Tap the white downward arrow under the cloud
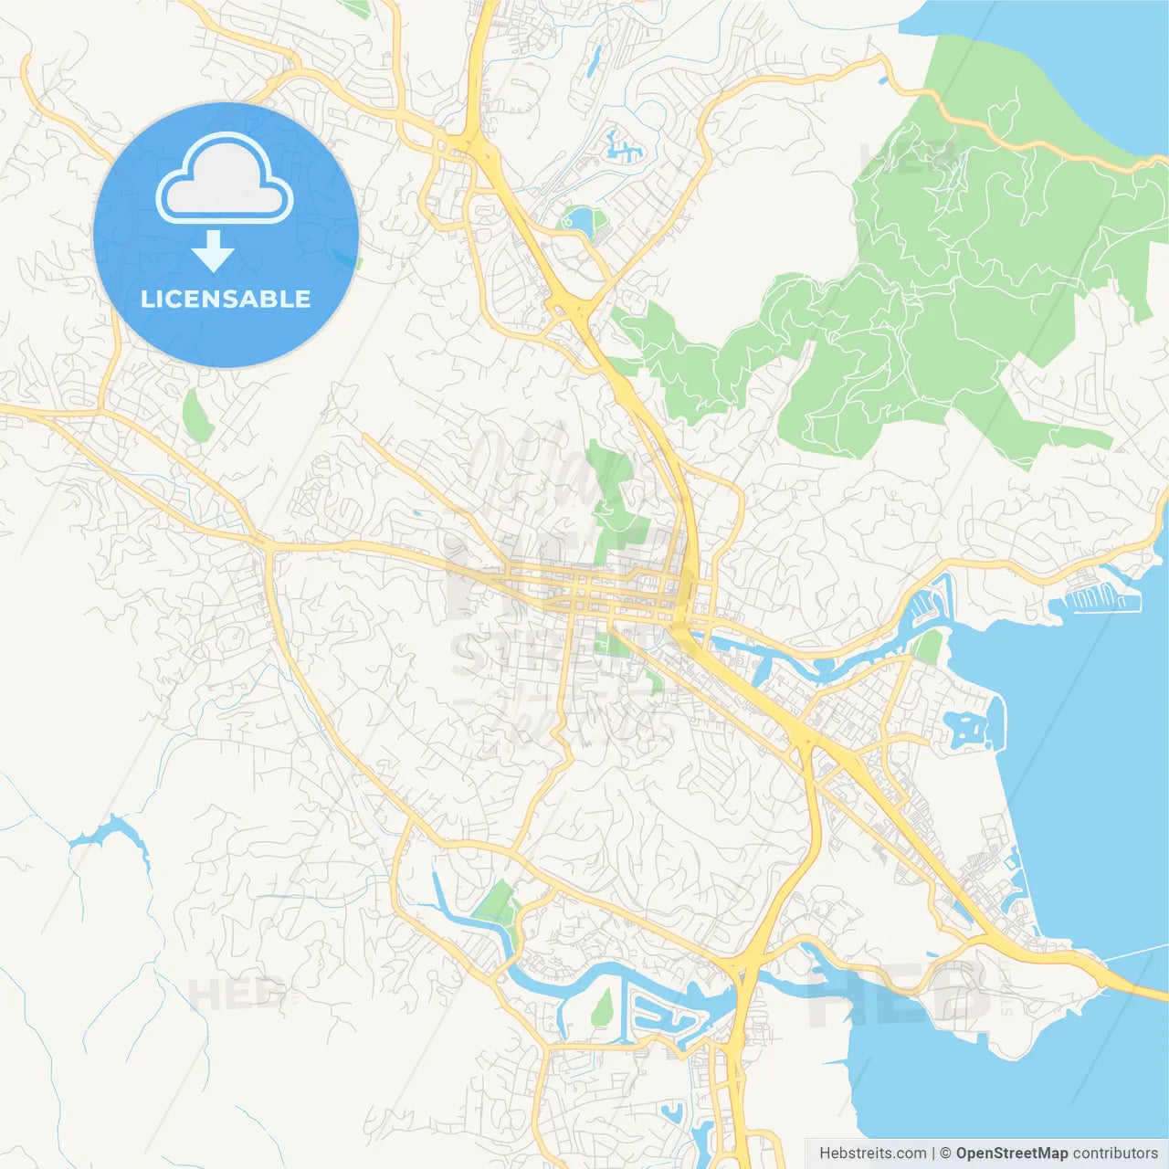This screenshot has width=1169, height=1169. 213,251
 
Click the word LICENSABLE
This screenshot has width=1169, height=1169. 226,299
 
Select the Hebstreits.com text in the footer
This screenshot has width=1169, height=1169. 872,1153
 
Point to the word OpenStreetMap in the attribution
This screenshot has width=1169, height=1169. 1011,1153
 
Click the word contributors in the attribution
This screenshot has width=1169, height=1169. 1115,1153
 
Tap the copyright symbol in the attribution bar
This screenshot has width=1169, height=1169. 945,1153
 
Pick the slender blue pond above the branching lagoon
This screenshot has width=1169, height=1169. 595,60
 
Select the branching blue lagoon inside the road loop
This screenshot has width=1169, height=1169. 621,146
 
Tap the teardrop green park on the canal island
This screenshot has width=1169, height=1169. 602,1006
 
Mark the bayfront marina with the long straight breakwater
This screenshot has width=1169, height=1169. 1096,599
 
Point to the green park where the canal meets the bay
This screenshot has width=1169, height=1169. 930,647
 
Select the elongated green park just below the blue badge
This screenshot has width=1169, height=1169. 196,416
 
